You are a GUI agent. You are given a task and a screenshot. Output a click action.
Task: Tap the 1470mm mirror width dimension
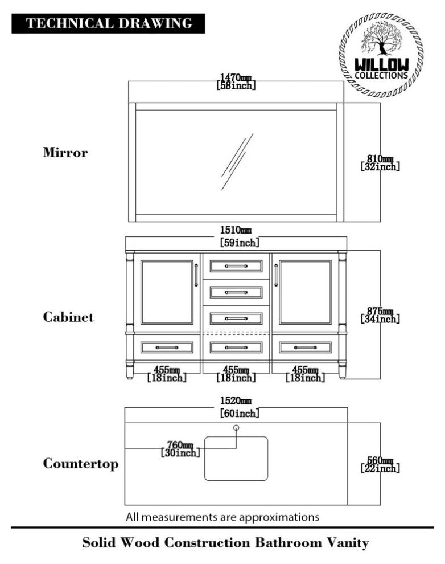(236, 81)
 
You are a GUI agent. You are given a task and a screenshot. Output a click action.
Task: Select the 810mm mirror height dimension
(380, 162)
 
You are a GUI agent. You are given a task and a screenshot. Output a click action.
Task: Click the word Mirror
(65, 153)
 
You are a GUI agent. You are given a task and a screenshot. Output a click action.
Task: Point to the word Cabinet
(68, 317)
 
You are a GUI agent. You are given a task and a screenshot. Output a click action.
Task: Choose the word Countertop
(81, 464)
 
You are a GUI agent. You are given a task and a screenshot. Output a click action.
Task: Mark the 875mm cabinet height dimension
(380, 315)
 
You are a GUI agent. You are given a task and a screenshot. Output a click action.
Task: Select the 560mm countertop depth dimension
(380, 464)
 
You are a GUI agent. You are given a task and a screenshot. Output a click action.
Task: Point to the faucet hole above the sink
(237, 427)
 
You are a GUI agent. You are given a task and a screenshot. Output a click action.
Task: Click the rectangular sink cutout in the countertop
(236, 457)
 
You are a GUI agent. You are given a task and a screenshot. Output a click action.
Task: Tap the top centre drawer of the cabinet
(236, 266)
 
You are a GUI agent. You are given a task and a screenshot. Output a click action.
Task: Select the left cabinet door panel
(167, 292)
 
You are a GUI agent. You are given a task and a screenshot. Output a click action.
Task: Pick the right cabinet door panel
(306, 292)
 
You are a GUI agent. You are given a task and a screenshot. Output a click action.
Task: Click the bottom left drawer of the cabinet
(167, 347)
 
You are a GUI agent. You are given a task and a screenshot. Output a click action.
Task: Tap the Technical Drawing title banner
(108, 23)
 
